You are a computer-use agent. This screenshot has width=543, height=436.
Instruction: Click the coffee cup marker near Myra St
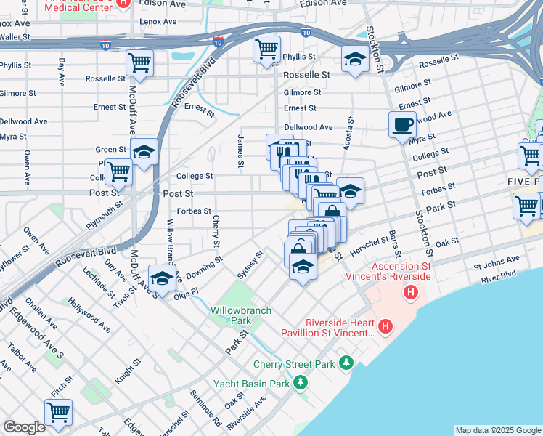[402, 125]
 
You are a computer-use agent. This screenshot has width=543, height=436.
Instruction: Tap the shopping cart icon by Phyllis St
[266, 49]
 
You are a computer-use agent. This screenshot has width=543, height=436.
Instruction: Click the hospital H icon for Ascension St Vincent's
[412, 293]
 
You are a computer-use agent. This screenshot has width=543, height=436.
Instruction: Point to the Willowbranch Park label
[241, 315]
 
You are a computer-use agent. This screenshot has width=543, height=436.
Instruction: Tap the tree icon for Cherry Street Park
[347, 362]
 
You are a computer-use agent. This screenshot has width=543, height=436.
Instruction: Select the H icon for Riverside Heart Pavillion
[385, 327]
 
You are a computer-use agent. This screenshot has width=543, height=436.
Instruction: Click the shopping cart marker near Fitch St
[58, 412]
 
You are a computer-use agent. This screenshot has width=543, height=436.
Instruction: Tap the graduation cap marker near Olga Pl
[162, 278]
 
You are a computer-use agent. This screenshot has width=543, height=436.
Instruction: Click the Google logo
[24, 427]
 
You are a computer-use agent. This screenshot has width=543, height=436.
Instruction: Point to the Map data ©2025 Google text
[498, 430]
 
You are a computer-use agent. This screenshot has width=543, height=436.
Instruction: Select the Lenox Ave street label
[158, 22]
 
